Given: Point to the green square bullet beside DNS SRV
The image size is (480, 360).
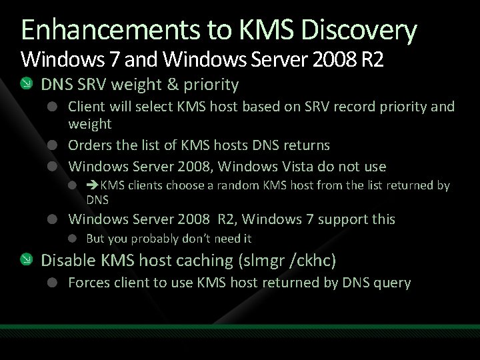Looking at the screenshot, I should pos(25,84).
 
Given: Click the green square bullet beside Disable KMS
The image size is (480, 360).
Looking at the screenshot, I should pos(25,260).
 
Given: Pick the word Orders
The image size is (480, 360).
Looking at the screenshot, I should pos(91,145).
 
